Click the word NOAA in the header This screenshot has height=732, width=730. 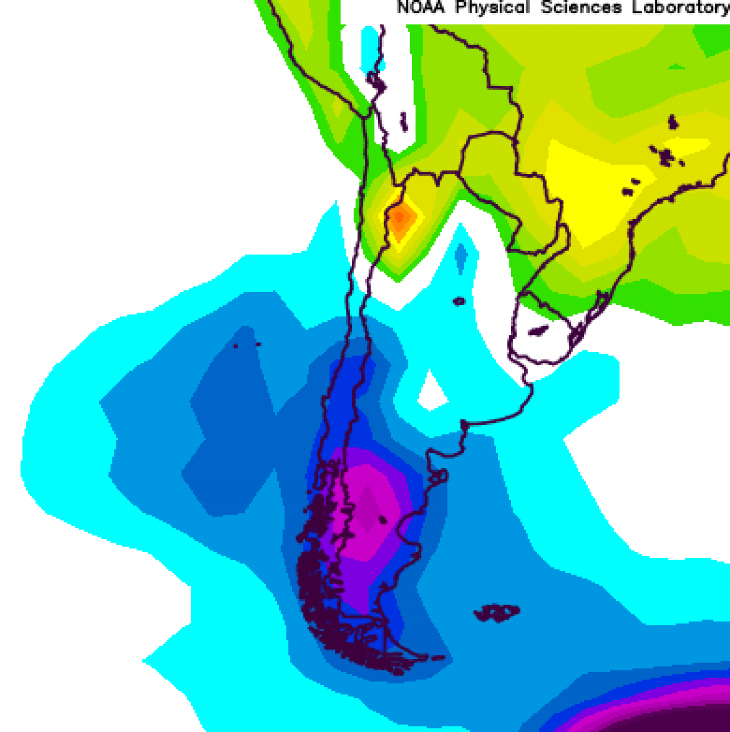(420, 7)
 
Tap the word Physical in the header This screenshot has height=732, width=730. (492, 7)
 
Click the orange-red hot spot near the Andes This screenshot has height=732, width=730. (401, 217)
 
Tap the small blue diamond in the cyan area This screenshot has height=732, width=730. (461, 258)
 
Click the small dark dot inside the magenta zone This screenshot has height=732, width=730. (382, 519)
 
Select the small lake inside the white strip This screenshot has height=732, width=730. (404, 122)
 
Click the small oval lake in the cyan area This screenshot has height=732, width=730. (459, 301)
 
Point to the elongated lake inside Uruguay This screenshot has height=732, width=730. (538, 330)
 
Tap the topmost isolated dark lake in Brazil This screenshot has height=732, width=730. (674, 122)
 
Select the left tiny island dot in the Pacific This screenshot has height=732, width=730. (236, 346)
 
